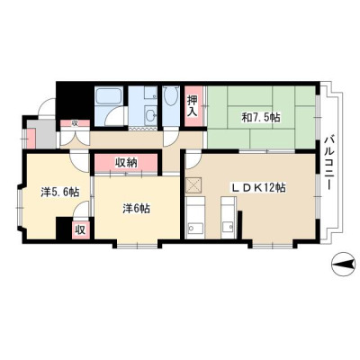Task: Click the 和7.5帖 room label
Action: (x=261, y=118)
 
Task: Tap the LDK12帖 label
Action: (x=257, y=188)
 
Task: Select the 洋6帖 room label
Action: (x=137, y=208)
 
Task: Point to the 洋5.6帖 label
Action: (x=60, y=192)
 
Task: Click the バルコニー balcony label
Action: (x=329, y=163)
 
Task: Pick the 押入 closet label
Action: (x=193, y=106)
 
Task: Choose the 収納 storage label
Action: (x=126, y=163)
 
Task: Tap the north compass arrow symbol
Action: (x=345, y=265)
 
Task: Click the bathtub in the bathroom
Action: (x=108, y=97)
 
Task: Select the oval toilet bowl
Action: (x=172, y=95)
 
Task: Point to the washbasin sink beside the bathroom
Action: (x=151, y=114)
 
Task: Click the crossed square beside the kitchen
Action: (x=193, y=185)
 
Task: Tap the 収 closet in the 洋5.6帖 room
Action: (x=81, y=230)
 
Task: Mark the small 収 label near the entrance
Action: (x=75, y=123)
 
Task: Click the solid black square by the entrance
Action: (x=73, y=103)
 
